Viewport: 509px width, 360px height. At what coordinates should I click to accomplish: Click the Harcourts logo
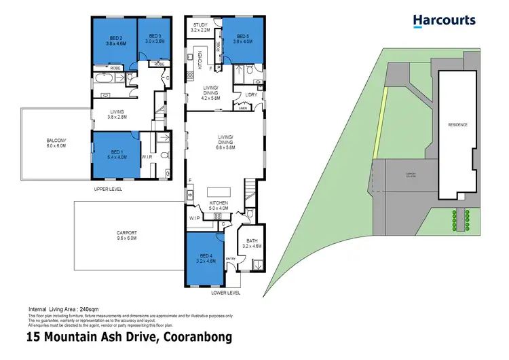click(445, 21)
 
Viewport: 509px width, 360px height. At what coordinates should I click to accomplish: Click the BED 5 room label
click(244, 38)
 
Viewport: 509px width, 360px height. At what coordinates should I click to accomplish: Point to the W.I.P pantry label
click(197, 218)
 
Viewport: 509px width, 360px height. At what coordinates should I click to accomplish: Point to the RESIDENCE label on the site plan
click(457, 124)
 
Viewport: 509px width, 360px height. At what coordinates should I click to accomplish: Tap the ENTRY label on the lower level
click(229, 258)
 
